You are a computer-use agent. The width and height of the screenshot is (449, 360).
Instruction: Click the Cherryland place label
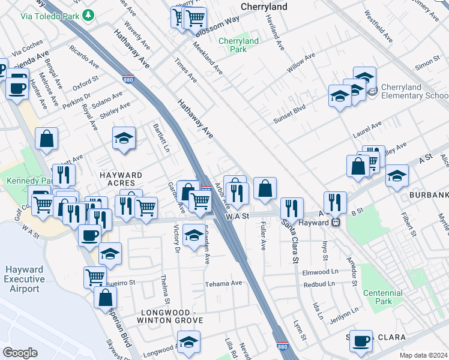pos(264,7)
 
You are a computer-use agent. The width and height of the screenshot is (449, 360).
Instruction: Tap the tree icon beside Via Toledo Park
pos(89,14)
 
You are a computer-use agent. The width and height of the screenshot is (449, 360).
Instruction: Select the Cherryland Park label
pos(238,45)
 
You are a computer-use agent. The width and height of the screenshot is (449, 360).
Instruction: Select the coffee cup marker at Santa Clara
pos(361,341)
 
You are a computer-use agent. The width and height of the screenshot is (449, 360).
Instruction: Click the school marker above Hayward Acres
pos(124,138)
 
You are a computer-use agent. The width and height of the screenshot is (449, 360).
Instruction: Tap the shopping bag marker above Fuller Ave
pos(265,189)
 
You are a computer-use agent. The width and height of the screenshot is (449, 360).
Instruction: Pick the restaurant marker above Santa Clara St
pos(292,208)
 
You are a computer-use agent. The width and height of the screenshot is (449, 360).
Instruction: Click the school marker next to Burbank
pos(397,176)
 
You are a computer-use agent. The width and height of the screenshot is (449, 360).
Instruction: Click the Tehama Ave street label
pos(223,283)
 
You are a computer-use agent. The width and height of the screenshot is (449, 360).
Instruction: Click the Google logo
pos(20,353)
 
